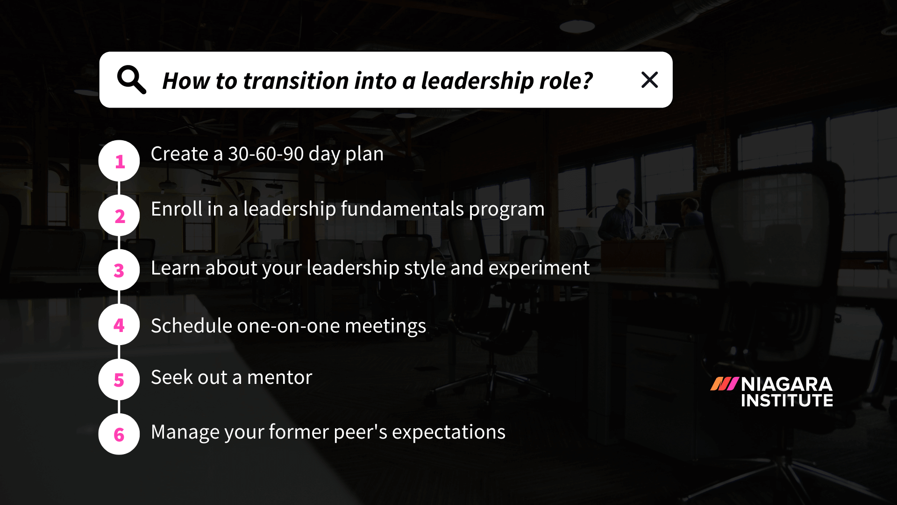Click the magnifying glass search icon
point(131,80)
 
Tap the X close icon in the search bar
point(649,80)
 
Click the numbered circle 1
point(119,161)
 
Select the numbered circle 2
point(119,216)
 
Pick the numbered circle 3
point(119,270)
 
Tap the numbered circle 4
point(119,325)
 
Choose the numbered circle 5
point(119,380)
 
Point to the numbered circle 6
point(119,434)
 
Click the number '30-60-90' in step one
point(266,154)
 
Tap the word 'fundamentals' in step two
point(402,209)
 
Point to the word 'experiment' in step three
point(539,268)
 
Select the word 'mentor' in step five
point(279,377)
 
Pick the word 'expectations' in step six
point(448,432)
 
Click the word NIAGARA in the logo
point(786,384)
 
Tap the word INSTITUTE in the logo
point(787,401)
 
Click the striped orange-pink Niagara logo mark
point(724,384)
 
